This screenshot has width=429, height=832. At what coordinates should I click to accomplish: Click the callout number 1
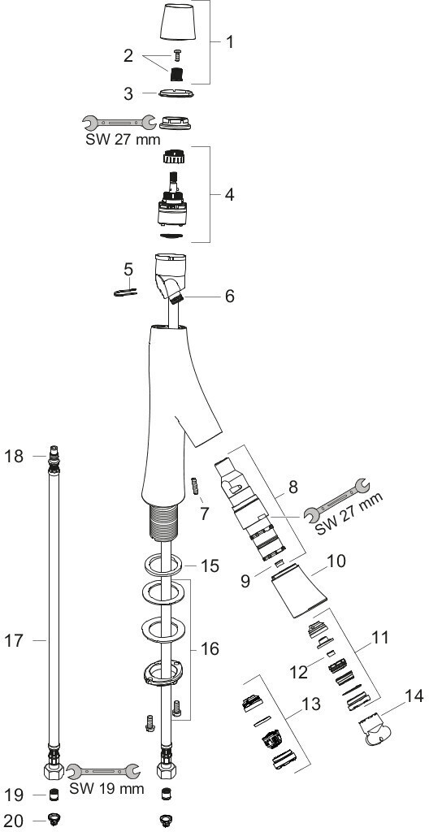point(229,42)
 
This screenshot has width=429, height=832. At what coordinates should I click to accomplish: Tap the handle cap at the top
point(177,22)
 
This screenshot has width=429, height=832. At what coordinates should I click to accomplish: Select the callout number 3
point(128,94)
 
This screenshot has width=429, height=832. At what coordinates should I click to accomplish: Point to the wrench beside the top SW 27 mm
point(119,123)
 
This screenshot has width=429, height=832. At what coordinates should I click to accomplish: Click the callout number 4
point(229,195)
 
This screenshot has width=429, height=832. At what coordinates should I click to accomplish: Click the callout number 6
point(229,296)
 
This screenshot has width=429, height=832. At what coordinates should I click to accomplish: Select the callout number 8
point(293,487)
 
